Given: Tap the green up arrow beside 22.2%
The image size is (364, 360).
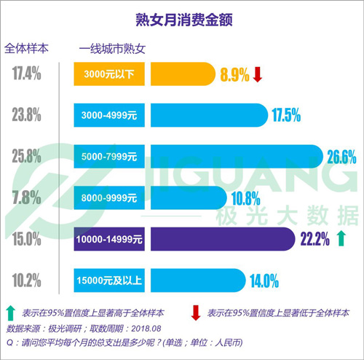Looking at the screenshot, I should (341, 238).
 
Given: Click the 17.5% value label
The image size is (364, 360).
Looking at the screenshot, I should (285, 114).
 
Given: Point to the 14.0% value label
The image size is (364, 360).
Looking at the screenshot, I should (264, 278).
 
